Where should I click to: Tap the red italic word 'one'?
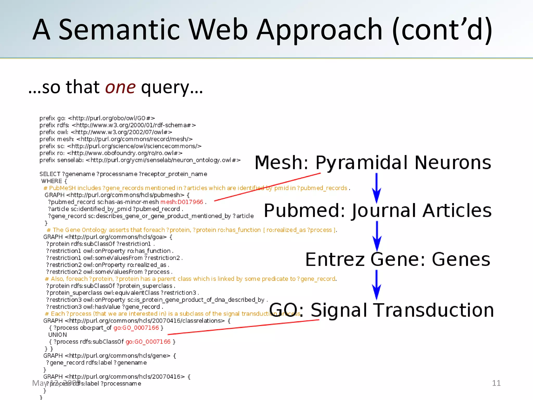click(x=120, y=87)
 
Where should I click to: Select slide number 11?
click(x=496, y=383)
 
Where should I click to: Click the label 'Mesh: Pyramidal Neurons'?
click(x=373, y=162)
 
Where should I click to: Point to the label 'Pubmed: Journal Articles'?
click(x=378, y=210)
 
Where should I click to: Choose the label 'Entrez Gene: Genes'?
click(x=398, y=259)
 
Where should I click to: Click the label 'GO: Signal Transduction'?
click(x=382, y=310)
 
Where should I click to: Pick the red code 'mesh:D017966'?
click(x=182, y=202)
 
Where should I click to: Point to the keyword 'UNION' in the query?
click(x=58, y=335)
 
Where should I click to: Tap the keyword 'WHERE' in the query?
click(x=52, y=181)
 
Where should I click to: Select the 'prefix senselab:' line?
click(x=140, y=160)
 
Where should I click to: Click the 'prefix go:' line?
click(x=97, y=118)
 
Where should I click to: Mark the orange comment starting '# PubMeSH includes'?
click(x=196, y=188)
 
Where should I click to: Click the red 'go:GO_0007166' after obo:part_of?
click(x=136, y=328)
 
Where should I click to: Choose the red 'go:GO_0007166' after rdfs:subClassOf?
click(x=148, y=342)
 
